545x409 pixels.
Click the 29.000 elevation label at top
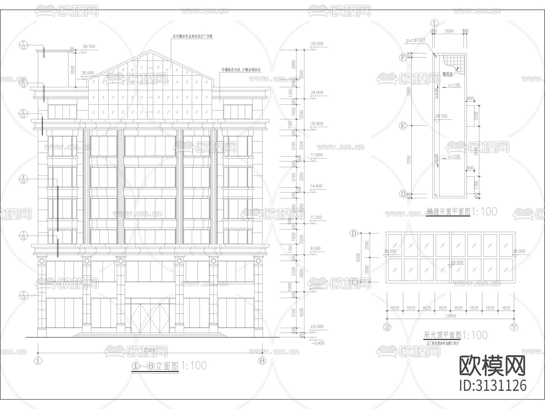317,44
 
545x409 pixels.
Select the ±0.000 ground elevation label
317,327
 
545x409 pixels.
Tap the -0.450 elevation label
318,343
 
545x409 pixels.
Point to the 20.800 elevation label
317,124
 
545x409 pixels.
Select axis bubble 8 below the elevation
262,361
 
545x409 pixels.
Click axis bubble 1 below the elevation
38,361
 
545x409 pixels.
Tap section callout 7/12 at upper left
24,45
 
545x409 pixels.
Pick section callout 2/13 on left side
24,295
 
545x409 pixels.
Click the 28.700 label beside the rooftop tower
89,47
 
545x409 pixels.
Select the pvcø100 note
415,40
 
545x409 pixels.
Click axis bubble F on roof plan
403,58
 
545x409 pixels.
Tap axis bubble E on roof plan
403,125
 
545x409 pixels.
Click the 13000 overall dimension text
450,316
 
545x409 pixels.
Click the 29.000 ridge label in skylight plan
457,262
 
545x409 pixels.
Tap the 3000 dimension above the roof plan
449,31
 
